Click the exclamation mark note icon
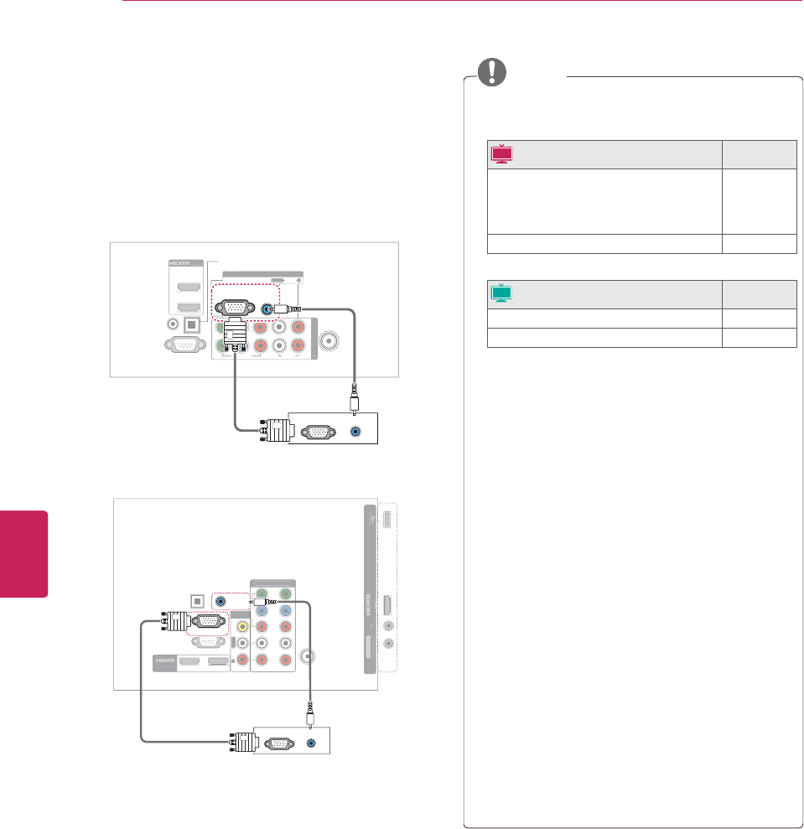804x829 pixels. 494,72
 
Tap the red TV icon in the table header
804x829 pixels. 502,153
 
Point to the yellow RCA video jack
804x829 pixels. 242,625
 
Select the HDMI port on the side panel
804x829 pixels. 387,604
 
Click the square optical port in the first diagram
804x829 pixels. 191,323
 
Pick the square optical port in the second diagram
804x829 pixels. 197,601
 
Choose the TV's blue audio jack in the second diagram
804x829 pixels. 220,600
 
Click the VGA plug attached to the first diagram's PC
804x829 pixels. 274,433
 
